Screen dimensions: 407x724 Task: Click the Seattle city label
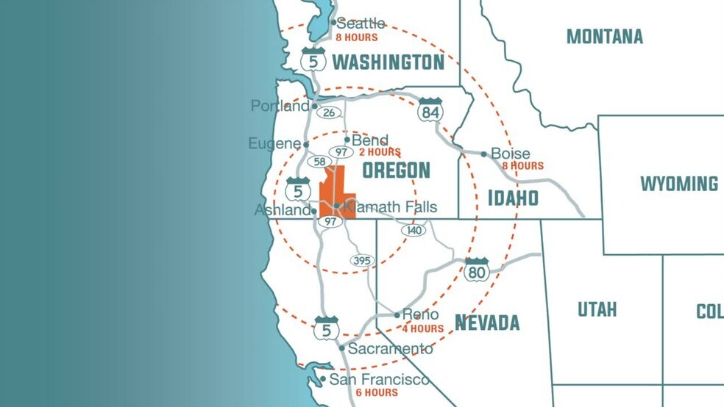pyautogui.click(x=361, y=24)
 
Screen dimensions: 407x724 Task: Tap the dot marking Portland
pyautogui.click(x=315, y=106)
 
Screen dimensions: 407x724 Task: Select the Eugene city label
pyautogui.click(x=274, y=144)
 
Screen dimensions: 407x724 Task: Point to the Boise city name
pyautogui.click(x=511, y=154)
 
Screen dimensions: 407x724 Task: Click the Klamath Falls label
pyautogui.click(x=391, y=207)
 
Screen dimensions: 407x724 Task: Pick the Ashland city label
pyautogui.click(x=282, y=210)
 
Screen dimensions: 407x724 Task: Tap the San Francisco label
pyautogui.click(x=379, y=379)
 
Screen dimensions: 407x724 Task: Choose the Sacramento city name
pyautogui.click(x=391, y=348)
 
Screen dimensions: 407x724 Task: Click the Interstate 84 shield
pyautogui.click(x=430, y=110)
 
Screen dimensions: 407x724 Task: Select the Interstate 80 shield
pyautogui.click(x=477, y=270)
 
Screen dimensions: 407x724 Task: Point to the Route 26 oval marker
pyautogui.click(x=329, y=112)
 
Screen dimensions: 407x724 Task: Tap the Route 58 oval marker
pyautogui.click(x=319, y=162)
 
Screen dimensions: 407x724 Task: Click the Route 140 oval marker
pyautogui.click(x=414, y=230)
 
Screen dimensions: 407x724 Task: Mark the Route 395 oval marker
pyautogui.click(x=362, y=261)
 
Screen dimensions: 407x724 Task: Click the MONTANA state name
pyautogui.click(x=605, y=36)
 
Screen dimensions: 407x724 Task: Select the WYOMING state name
pyautogui.click(x=678, y=184)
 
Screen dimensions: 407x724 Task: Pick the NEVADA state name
pyautogui.click(x=487, y=323)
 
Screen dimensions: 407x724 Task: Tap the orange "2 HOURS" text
pyautogui.click(x=380, y=152)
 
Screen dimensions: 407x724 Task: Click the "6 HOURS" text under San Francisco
pyautogui.click(x=377, y=392)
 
